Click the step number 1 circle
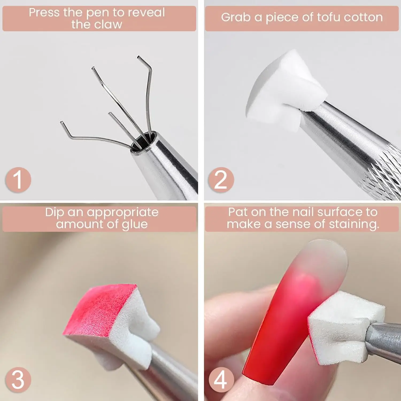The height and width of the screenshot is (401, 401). pyautogui.click(x=18, y=179)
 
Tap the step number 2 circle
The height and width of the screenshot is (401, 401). pyautogui.click(x=221, y=179)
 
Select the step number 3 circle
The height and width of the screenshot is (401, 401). pyautogui.click(x=18, y=380)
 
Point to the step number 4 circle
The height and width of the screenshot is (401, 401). pyautogui.click(x=221, y=380)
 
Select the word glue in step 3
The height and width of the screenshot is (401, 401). pyautogui.click(x=135, y=224)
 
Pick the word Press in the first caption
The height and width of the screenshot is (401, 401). pyautogui.click(x=44, y=13)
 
